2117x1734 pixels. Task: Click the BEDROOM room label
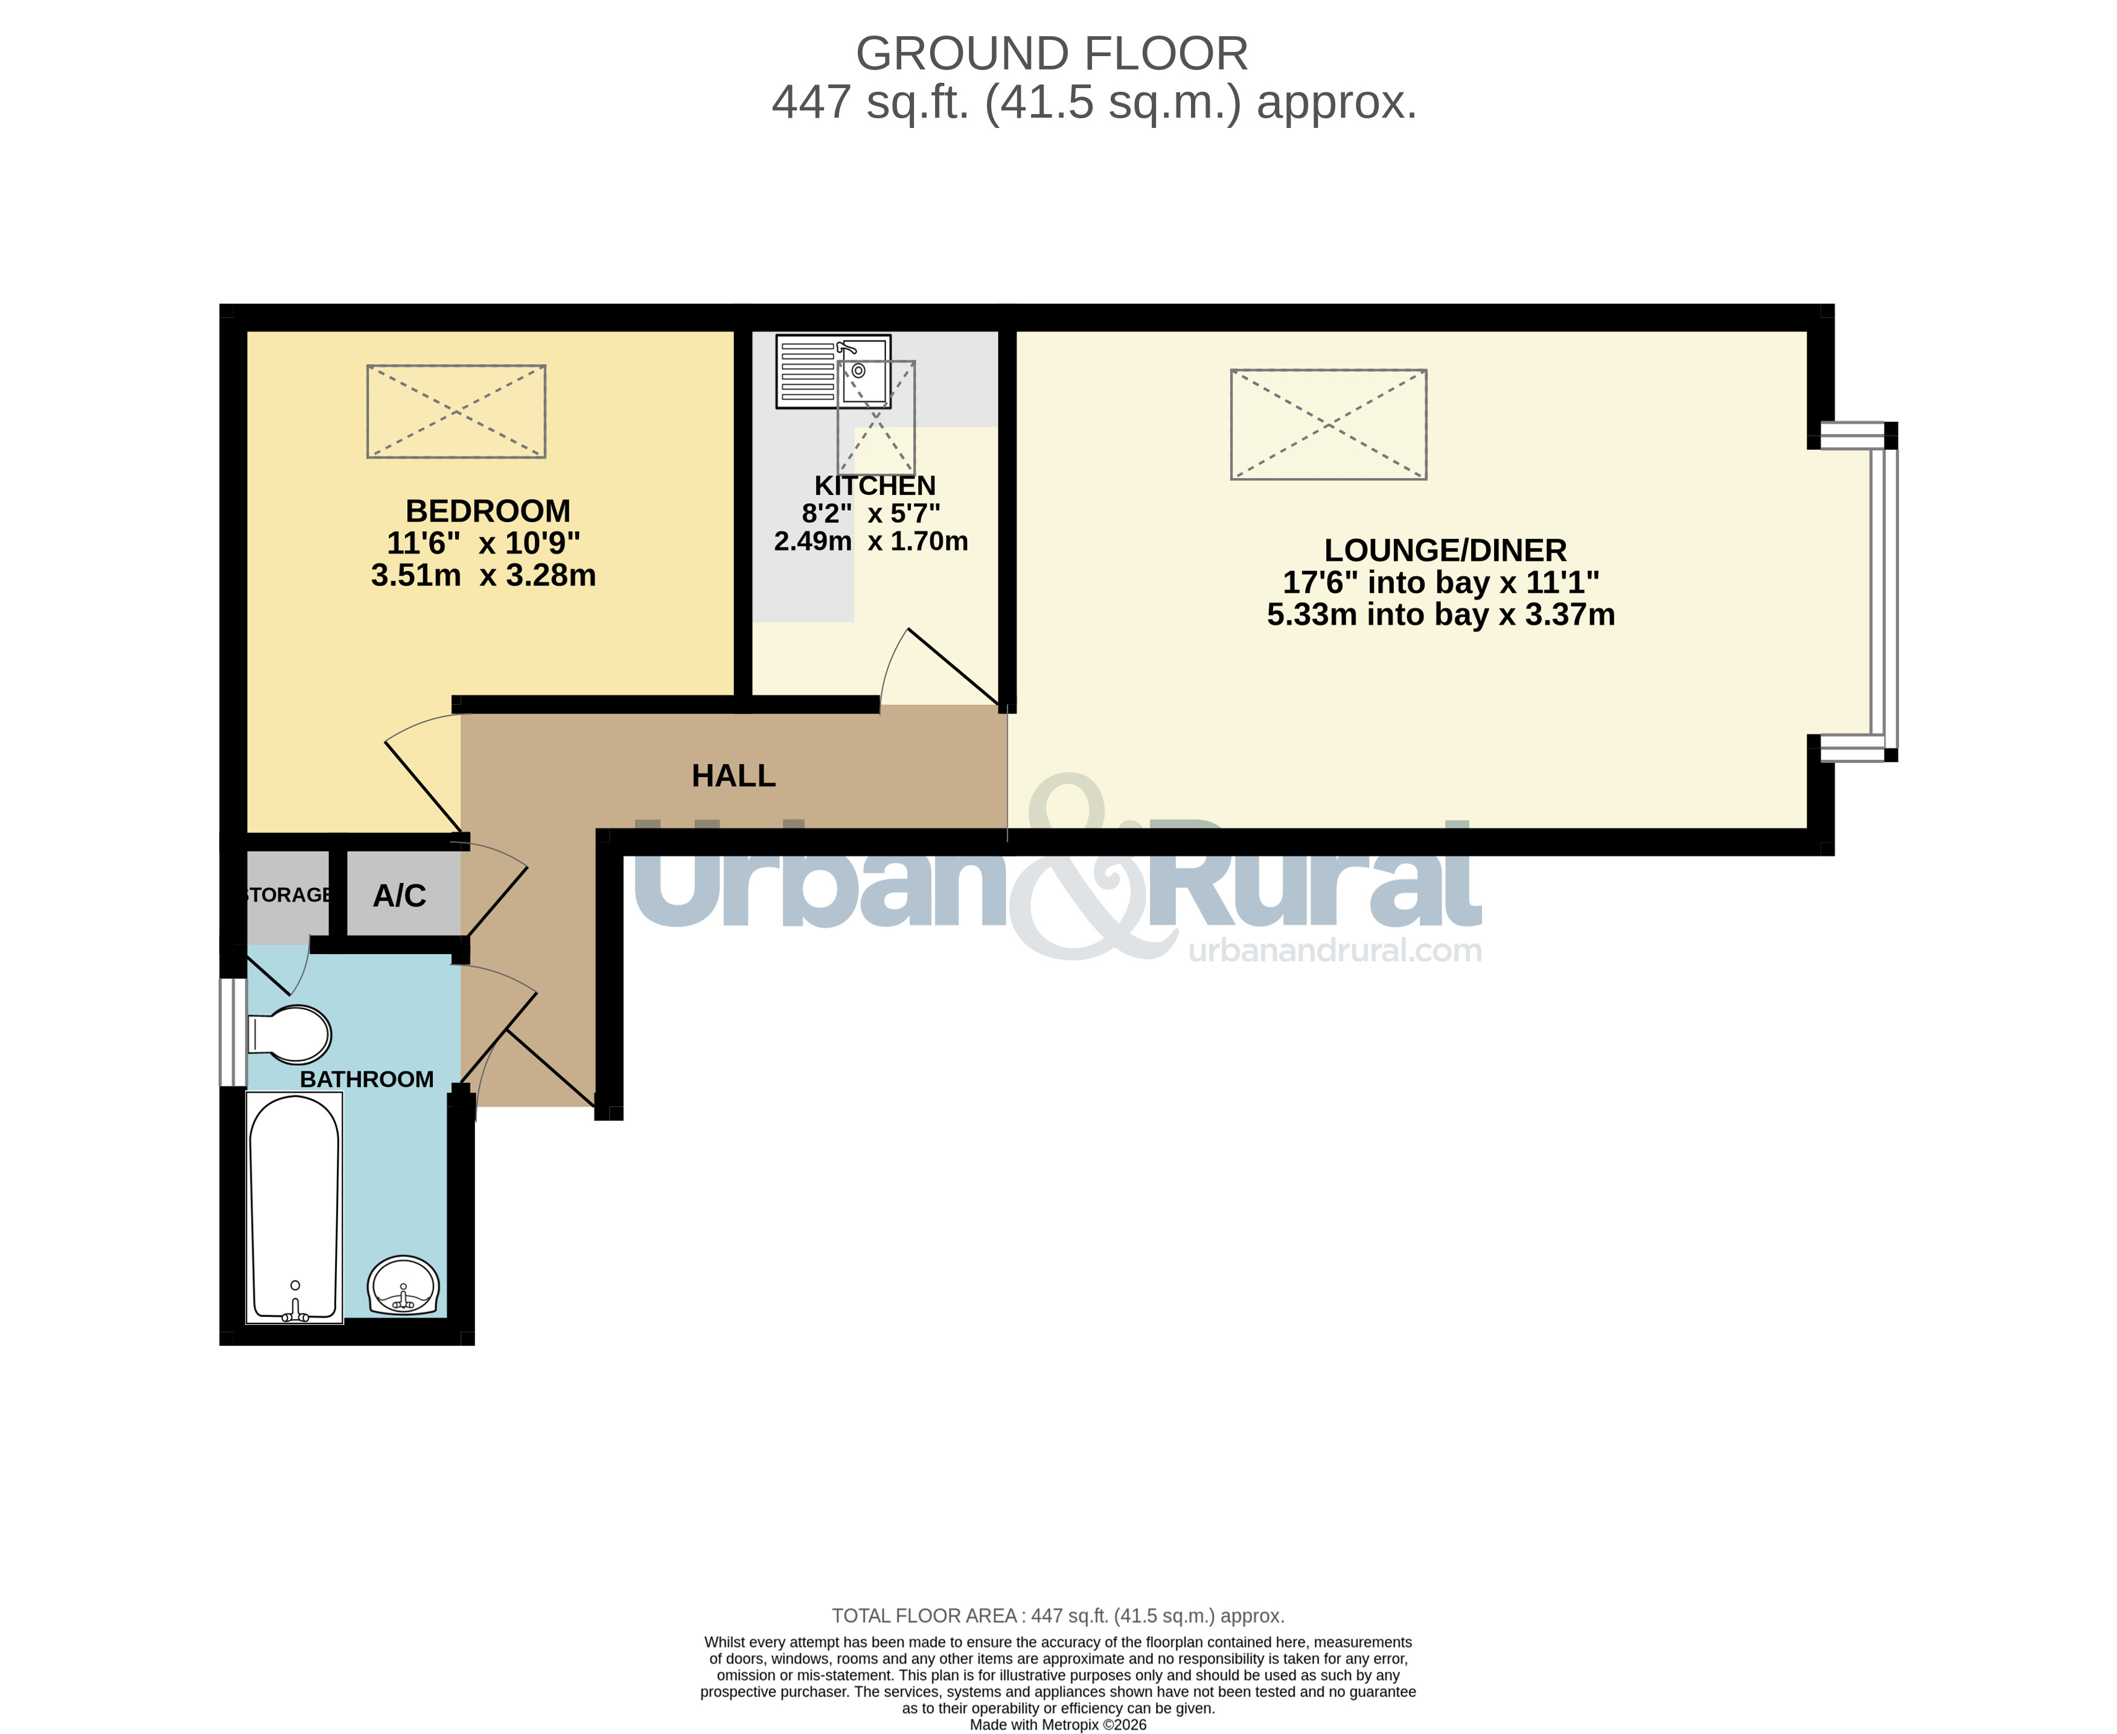tap(488, 511)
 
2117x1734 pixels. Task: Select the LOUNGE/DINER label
tap(1445, 550)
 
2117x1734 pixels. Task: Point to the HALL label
tap(733, 776)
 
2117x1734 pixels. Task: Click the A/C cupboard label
tap(400, 896)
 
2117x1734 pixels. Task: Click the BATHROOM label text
tap(366, 1080)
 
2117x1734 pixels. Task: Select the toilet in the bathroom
tap(290, 1034)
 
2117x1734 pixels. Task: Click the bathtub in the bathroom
tap(295, 1208)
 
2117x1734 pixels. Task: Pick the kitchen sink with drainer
tap(833, 372)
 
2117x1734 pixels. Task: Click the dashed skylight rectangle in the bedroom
tap(456, 412)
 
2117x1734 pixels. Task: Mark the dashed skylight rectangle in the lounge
tap(1328, 424)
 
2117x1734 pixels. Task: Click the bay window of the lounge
tap(1883, 592)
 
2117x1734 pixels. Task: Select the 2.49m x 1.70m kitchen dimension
tap(871, 541)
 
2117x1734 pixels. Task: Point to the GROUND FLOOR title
tap(1052, 54)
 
